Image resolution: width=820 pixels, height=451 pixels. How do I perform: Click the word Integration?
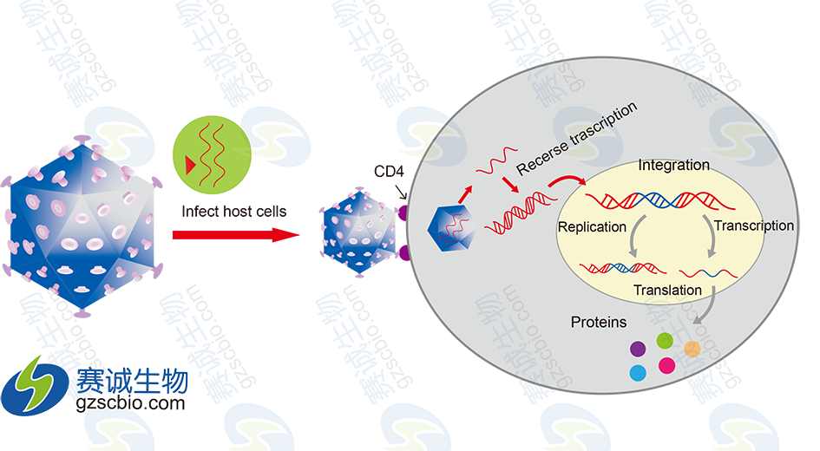coord(673,165)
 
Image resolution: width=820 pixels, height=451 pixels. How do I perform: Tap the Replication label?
coord(593,226)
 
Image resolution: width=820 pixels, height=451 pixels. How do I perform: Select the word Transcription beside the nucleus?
coord(753,225)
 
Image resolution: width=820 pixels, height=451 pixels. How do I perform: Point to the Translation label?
coord(667,291)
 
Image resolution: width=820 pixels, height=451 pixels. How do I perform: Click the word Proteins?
coord(598,323)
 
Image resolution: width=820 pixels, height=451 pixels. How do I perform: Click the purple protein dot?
coord(637,349)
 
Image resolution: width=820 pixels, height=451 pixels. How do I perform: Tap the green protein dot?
coord(666,340)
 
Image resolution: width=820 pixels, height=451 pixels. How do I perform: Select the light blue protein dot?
coord(639,373)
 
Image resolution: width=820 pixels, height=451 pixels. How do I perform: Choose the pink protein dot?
coord(666,365)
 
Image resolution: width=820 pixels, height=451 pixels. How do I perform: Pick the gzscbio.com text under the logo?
coord(131,403)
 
